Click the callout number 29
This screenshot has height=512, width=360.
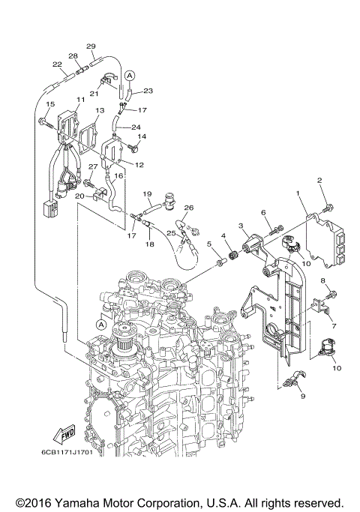click(91, 46)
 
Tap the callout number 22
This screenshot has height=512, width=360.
click(57, 65)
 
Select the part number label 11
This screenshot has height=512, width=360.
click(80, 100)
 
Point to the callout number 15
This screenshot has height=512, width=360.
click(51, 104)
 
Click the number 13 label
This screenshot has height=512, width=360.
click(100, 111)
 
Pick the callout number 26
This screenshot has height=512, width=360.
click(189, 208)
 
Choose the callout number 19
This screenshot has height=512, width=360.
click(148, 193)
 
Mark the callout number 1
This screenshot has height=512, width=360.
click(300, 193)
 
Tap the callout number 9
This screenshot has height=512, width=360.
click(303, 396)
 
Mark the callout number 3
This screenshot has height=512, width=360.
click(241, 226)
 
